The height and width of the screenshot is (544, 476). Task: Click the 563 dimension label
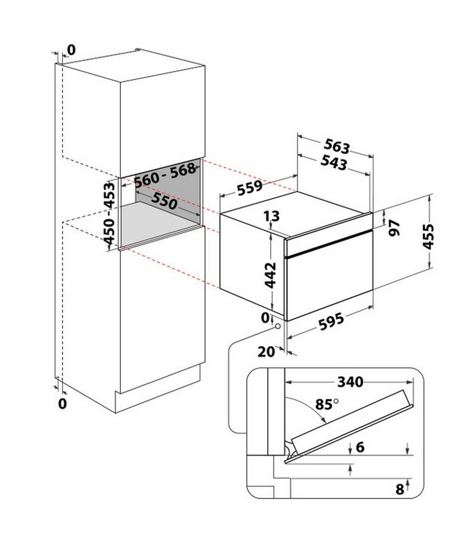tap(337, 146)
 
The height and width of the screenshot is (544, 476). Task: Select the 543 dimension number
tap(334, 163)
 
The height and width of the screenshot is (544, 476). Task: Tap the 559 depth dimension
tap(250, 188)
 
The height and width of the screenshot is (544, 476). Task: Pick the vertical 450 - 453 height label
tap(109, 213)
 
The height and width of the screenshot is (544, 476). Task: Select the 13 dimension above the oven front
tap(272, 216)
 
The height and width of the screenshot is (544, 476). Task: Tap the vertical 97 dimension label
tap(394, 228)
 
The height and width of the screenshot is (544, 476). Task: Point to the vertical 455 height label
tap(428, 237)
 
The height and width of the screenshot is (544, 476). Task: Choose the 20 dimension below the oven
tap(266, 352)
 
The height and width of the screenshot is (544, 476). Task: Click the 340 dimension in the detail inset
tap(350, 382)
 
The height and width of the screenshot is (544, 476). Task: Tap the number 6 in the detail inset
tap(360, 447)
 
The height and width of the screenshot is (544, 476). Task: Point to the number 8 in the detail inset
tap(400, 489)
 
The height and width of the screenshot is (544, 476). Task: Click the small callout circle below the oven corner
tap(278, 326)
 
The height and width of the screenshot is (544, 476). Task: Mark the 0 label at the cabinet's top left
tap(71, 50)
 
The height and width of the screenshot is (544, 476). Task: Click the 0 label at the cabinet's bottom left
tap(62, 404)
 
